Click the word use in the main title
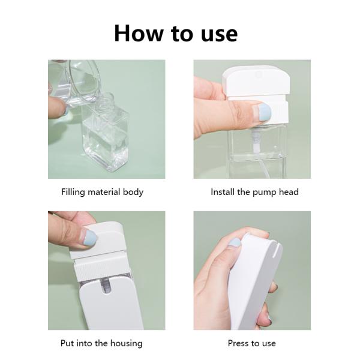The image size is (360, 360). point(214,34)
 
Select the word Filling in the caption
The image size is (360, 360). point(74,193)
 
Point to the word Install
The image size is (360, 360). point(224,193)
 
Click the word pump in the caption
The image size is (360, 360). point(268,193)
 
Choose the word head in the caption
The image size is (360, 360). point(288,193)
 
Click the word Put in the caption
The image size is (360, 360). point(68,343)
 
